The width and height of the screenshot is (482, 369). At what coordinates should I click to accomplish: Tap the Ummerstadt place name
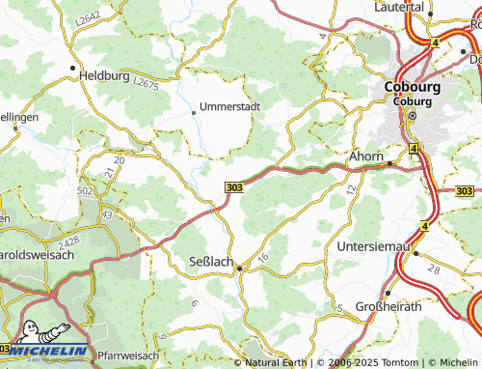[229, 106]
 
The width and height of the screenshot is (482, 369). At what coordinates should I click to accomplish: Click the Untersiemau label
[376, 246]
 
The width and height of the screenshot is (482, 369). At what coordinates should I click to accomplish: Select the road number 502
[84, 191]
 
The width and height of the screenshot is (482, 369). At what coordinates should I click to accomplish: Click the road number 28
[434, 268]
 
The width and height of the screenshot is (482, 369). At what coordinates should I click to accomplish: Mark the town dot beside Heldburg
[73, 69]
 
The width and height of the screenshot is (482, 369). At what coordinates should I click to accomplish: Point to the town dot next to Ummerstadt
[193, 112]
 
